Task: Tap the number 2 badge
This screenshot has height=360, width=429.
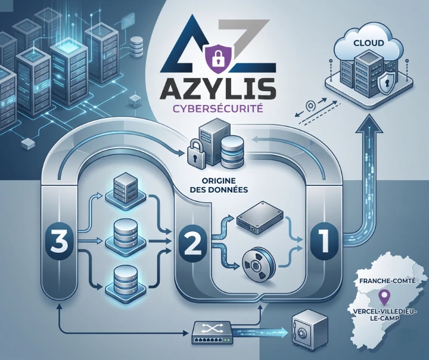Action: (x=192, y=241)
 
